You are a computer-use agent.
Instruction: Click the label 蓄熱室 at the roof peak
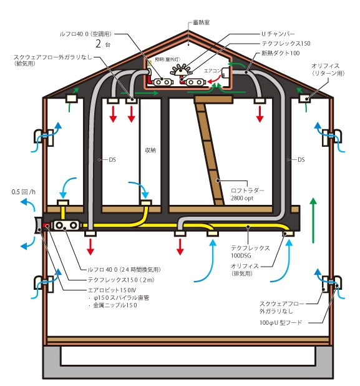click(x=201, y=22)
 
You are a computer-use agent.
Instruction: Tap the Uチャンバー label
click(x=278, y=34)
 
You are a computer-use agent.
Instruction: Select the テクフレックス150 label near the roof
click(x=286, y=44)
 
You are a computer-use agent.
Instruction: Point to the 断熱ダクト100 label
click(x=281, y=53)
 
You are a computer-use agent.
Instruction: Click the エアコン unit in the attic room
click(x=225, y=72)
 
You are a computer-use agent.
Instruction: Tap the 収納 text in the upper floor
click(x=150, y=150)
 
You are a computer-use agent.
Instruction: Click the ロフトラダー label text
click(x=247, y=191)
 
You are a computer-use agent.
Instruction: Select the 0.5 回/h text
click(x=23, y=192)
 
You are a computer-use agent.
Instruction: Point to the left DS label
click(x=112, y=160)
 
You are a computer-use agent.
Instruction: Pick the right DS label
click(x=301, y=160)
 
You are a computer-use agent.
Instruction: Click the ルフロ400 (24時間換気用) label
click(x=124, y=270)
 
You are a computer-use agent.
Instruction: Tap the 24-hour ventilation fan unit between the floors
click(x=66, y=225)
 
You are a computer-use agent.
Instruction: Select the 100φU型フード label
click(x=281, y=322)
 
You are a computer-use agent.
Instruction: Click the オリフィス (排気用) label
click(x=245, y=270)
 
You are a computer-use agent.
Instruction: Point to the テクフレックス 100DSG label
click(x=250, y=252)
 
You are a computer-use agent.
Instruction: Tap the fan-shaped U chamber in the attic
click(x=181, y=69)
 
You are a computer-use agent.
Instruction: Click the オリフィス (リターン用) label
click(x=328, y=69)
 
